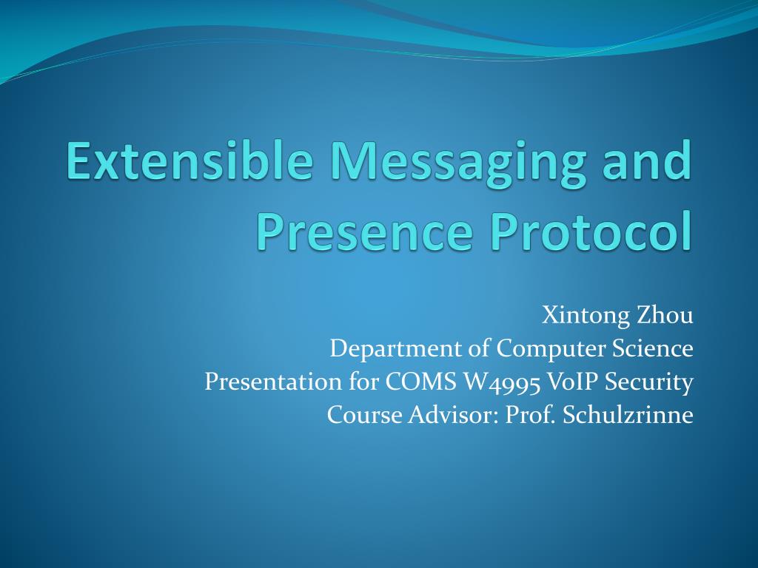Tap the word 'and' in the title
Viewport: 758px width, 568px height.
(x=650, y=161)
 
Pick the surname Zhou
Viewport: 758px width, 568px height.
(x=664, y=315)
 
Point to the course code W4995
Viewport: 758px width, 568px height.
(x=503, y=382)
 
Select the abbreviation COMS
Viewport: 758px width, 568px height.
(x=421, y=382)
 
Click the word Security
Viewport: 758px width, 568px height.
(x=652, y=382)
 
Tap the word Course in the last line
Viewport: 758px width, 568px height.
(x=364, y=415)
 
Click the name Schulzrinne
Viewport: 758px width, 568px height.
(x=628, y=415)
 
